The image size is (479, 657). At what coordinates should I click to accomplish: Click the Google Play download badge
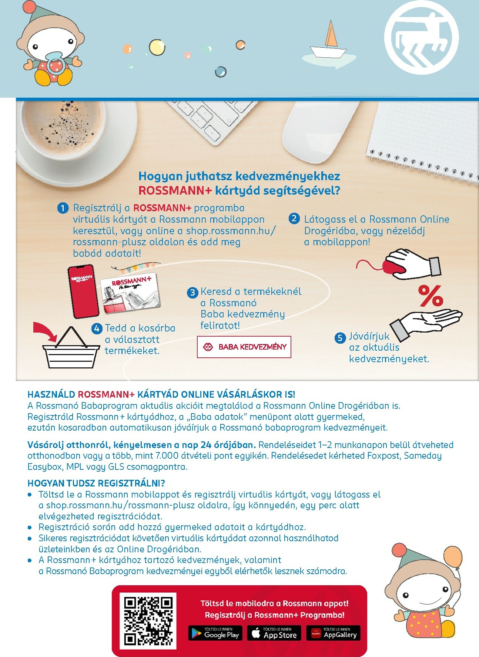(215, 633)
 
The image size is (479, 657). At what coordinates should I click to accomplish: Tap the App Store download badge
(274, 633)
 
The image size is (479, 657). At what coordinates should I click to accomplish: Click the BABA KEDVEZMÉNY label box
(244, 347)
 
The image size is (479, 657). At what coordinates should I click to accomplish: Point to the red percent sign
(431, 296)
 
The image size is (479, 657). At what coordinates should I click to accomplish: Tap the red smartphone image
(83, 292)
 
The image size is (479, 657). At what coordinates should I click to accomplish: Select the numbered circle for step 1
(63, 208)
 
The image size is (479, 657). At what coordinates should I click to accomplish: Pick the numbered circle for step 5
(340, 338)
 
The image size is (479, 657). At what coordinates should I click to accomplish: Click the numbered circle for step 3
(192, 293)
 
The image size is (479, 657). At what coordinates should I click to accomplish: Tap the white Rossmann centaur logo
(422, 37)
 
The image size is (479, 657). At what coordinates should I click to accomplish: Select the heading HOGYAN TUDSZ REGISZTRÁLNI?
(96, 483)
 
